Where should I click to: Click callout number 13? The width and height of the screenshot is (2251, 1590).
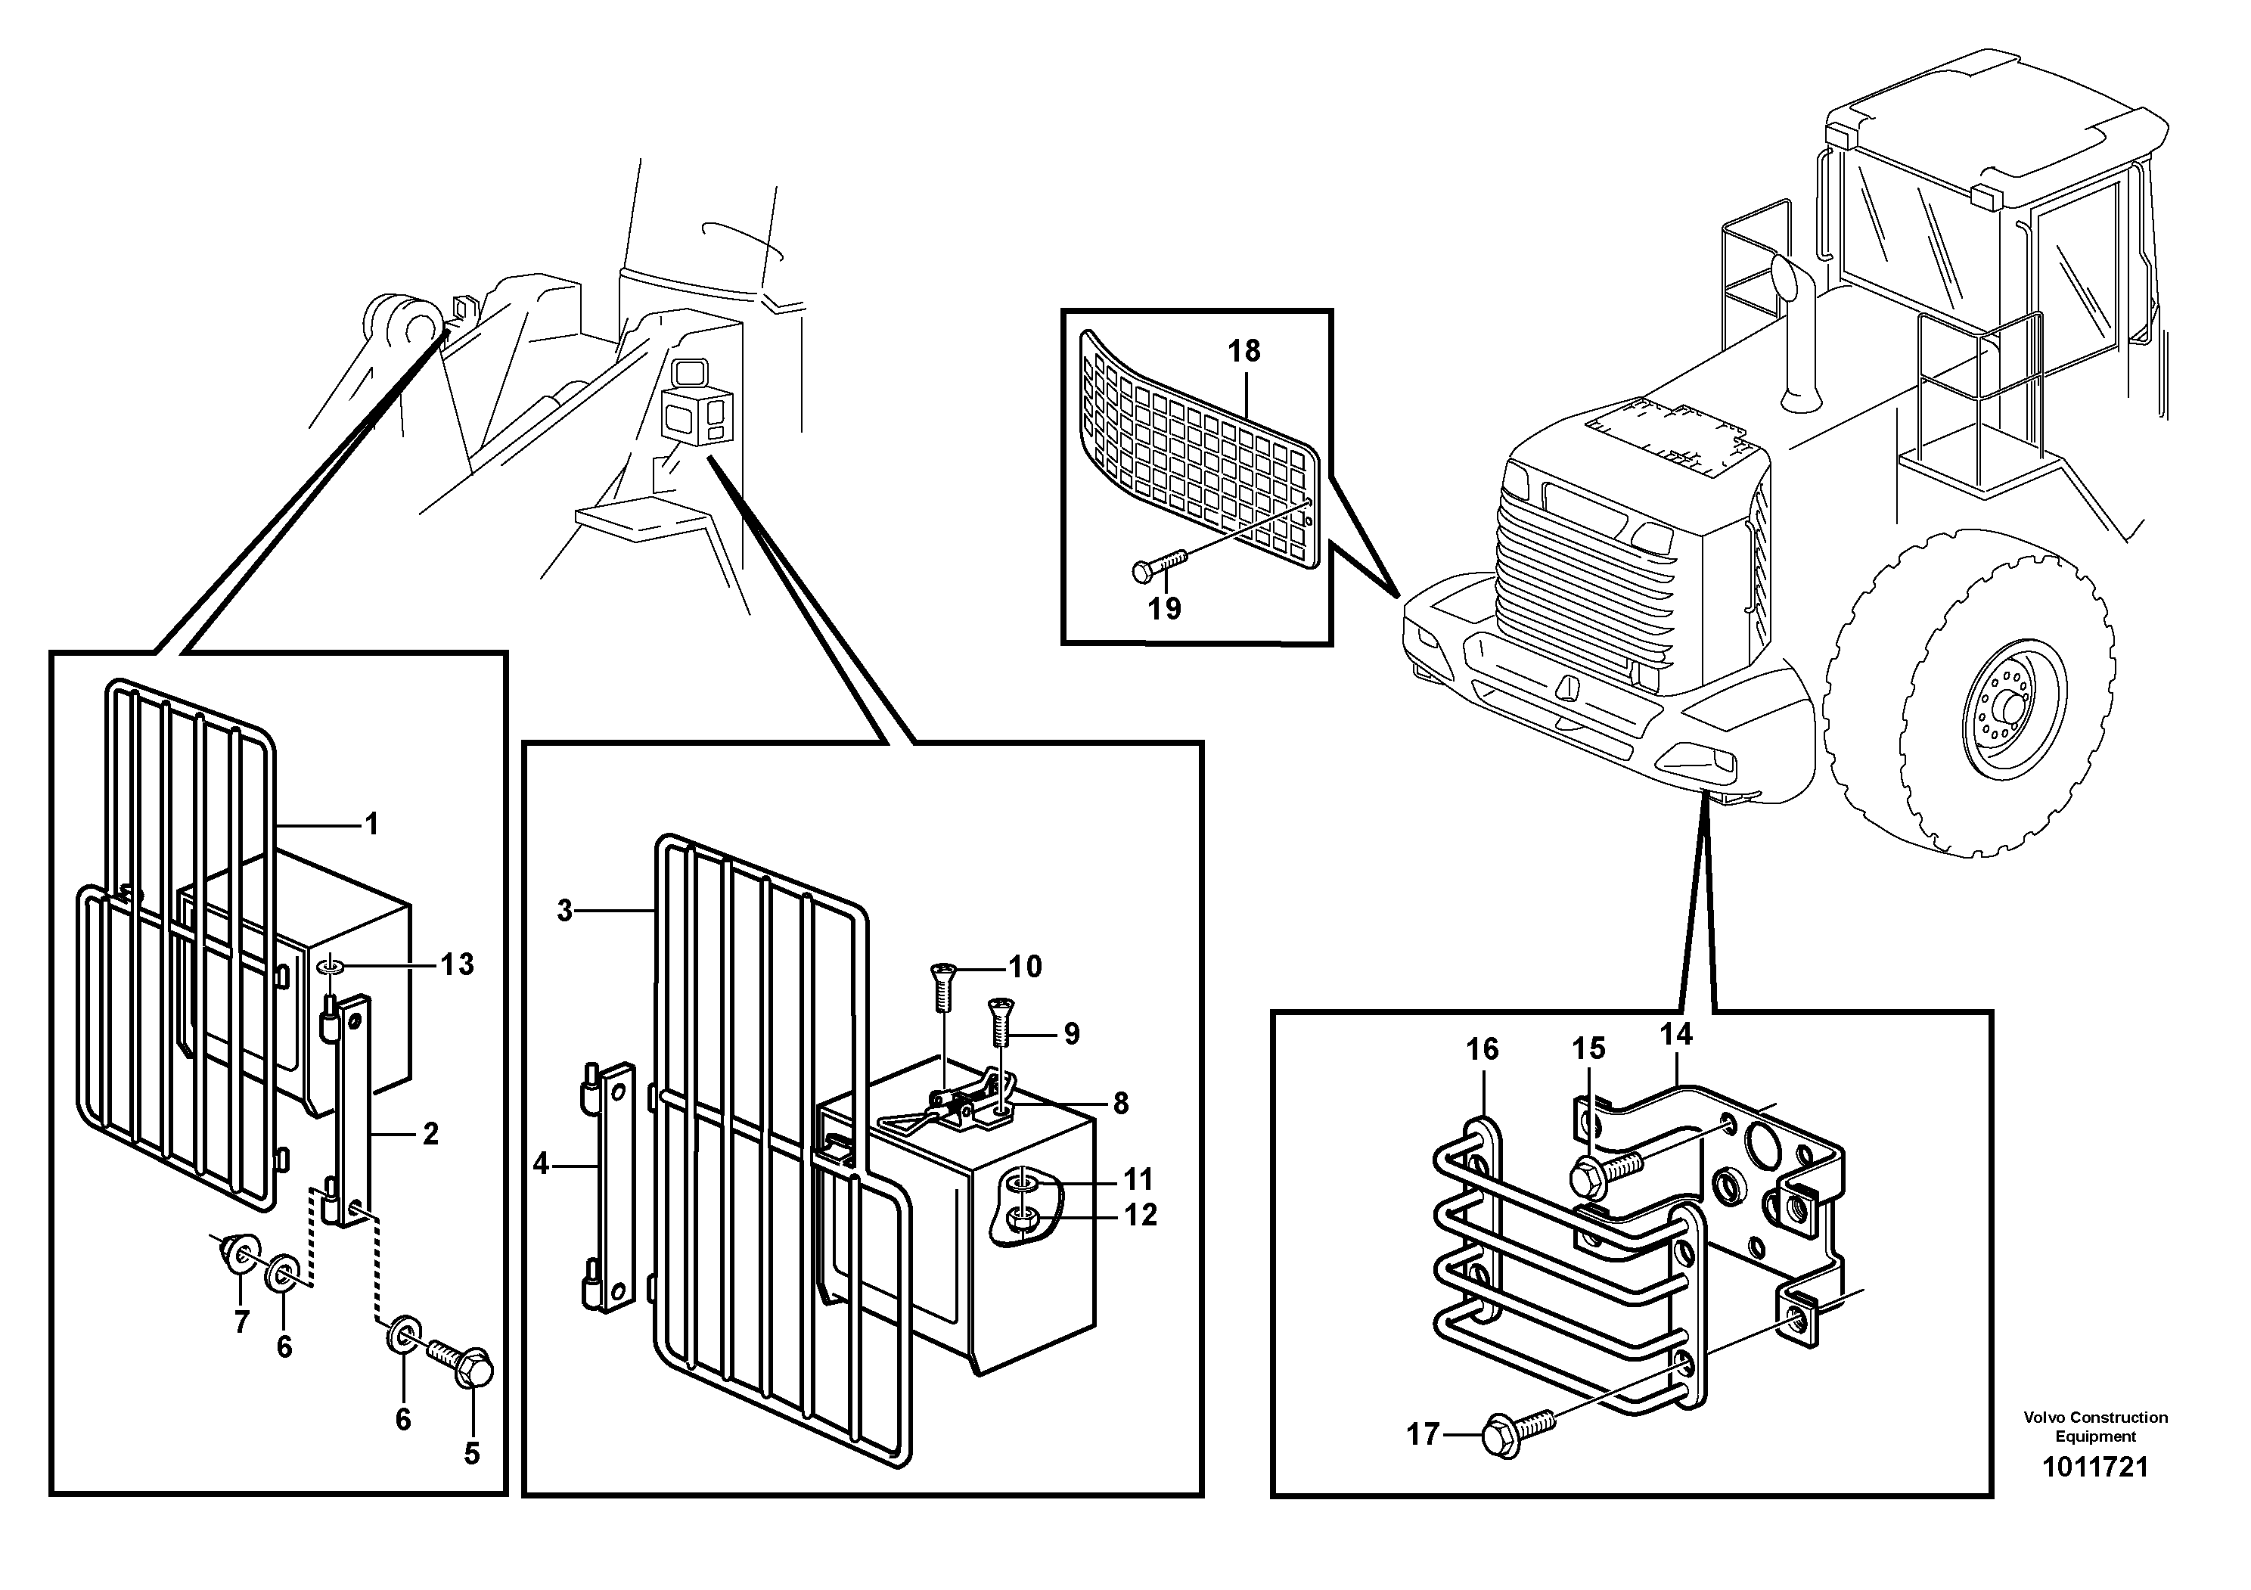coord(456,964)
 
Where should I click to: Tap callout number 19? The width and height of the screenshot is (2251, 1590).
coord(1164,609)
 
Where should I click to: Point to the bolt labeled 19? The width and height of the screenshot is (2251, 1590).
coord(1159,564)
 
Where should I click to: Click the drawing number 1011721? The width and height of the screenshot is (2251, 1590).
coord(2095,1467)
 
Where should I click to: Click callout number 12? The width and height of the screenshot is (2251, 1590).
coord(1140,1216)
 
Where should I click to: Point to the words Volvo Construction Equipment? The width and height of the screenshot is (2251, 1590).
coord(2095,1427)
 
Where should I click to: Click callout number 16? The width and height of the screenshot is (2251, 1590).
coord(1483,1049)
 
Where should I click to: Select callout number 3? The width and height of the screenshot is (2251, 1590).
coord(565,911)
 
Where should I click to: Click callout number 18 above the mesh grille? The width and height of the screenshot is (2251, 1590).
coord(1244,351)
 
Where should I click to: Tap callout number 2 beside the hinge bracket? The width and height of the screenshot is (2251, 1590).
coord(430,1134)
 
